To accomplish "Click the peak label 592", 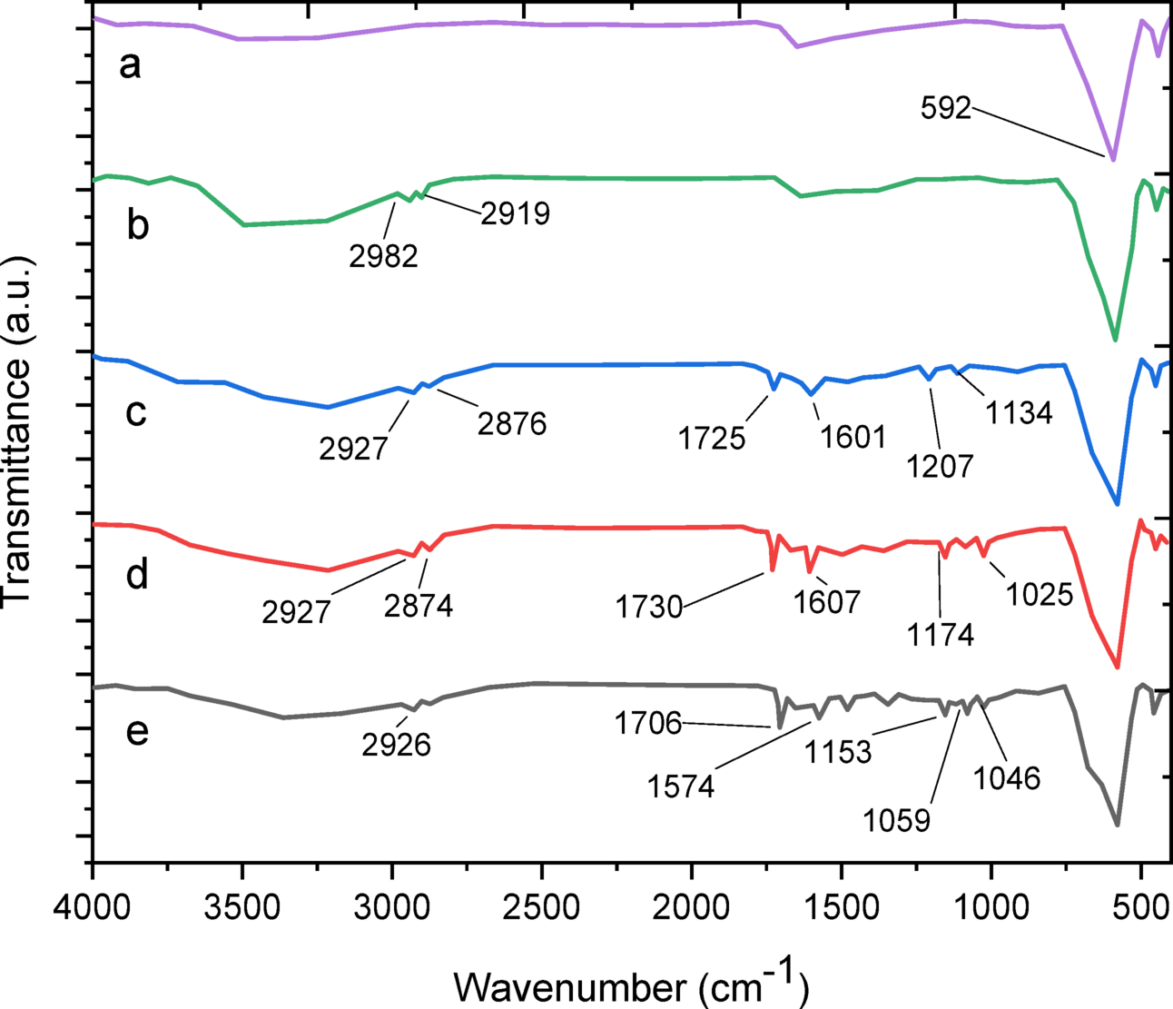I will point(945,109).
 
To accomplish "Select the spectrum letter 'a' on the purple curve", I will point(131,64).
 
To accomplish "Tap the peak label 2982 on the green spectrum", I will point(383,256).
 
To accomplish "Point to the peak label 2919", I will point(515,213).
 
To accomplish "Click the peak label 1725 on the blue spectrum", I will point(712,439).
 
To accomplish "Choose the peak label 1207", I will point(940,466).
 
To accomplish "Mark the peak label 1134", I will point(1019,412).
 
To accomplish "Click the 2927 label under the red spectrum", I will point(296,611).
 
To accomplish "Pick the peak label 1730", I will point(649,607).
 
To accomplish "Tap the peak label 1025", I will point(1040,595).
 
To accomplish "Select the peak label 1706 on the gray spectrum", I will point(647,724).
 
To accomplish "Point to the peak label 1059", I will point(897,820).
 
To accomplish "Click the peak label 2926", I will point(396,745).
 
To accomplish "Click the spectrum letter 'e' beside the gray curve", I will point(137,731).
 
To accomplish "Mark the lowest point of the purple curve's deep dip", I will point(1112,158).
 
